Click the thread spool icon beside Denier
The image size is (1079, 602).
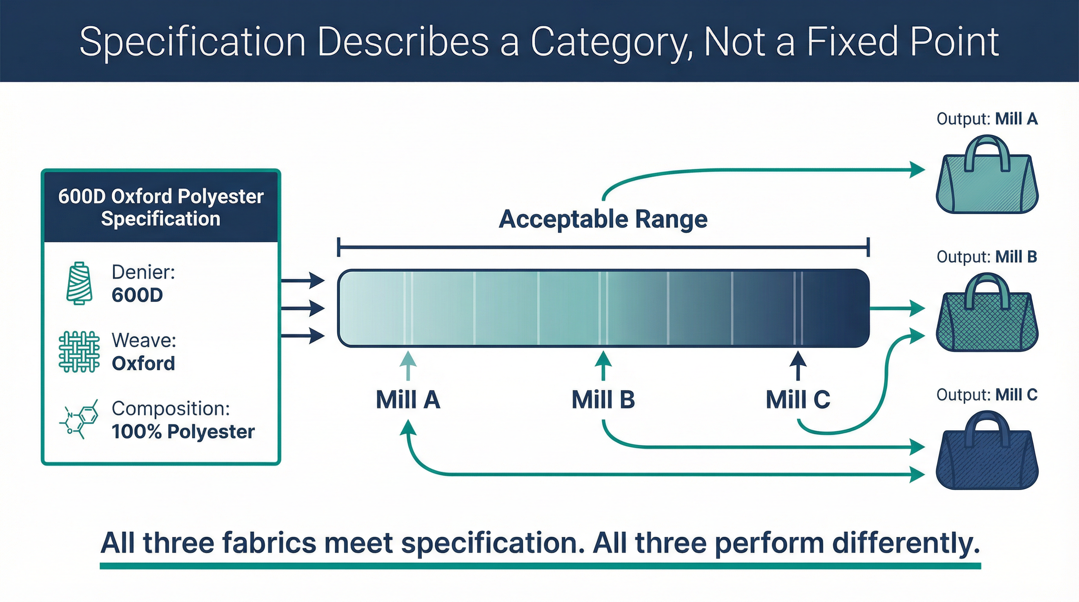(x=79, y=283)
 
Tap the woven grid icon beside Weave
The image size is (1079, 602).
(x=79, y=352)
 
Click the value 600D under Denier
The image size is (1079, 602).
(x=137, y=295)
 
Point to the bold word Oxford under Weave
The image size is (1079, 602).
(x=143, y=363)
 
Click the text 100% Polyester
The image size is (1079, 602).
(x=183, y=432)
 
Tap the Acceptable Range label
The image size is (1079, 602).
(x=603, y=219)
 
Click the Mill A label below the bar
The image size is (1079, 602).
(x=408, y=399)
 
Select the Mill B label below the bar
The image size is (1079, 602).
(x=603, y=399)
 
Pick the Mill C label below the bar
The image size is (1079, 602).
(x=797, y=399)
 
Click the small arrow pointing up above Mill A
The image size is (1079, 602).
(x=408, y=364)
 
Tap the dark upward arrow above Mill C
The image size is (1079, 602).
(x=797, y=364)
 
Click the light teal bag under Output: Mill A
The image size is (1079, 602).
(x=987, y=184)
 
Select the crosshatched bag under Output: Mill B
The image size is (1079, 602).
(x=987, y=322)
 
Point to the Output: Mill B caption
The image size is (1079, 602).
(x=986, y=257)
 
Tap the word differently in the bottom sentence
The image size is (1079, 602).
(x=906, y=543)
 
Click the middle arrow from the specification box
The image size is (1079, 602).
(x=302, y=308)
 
